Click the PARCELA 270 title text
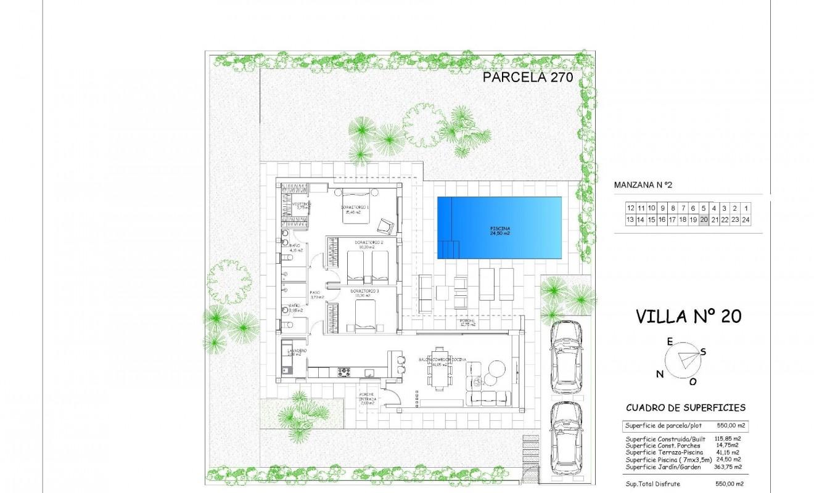528,77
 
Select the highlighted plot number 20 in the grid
704,219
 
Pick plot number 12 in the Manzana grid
630,208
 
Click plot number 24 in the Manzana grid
746,219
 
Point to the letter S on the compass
704,351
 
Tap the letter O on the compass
693,381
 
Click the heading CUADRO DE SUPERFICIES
685,407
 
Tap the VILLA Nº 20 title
688,316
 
